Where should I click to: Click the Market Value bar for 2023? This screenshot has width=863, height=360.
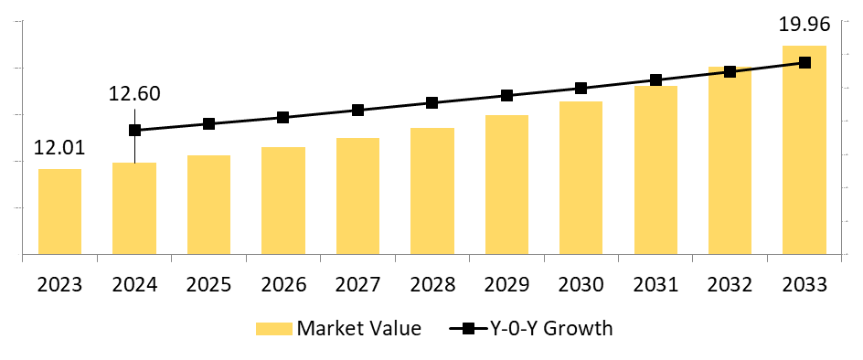[x=59, y=211]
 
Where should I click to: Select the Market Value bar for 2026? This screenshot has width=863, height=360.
[x=283, y=200]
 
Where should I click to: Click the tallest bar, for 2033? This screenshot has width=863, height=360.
[x=804, y=150]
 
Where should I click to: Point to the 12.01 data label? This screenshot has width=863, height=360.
[x=59, y=148]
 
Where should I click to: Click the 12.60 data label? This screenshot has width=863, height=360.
[x=134, y=94]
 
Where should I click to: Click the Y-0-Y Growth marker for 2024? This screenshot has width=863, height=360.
[x=135, y=130]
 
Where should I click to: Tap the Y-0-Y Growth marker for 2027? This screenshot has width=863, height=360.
[x=357, y=111]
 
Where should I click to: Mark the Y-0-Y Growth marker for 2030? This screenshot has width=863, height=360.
[x=581, y=88]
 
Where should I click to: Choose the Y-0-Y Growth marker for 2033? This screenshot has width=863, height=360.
[x=804, y=62]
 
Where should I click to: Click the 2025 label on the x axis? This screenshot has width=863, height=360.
[x=208, y=283]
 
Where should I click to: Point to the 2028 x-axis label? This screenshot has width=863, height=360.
[x=432, y=283]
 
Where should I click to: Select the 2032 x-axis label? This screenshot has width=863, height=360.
[x=730, y=283]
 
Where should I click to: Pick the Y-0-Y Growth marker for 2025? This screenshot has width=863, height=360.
[x=208, y=123]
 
